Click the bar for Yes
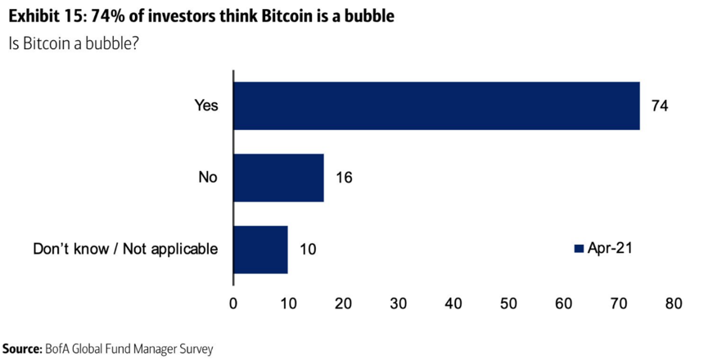coord(436,106)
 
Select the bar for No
coord(279,178)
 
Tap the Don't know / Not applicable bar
coord(260,249)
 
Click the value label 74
coord(660,106)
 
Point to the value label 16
coord(344,178)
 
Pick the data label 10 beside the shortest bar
coord(307,249)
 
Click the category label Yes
coord(206,106)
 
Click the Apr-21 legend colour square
coord(578,248)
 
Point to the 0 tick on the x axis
coord(234,303)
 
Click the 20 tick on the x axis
coord(344,303)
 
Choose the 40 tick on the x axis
coord(453,303)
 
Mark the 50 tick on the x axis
coord(508,303)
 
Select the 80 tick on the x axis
coord(673,303)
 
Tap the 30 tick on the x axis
coord(399,303)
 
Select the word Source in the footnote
coord(21,349)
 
